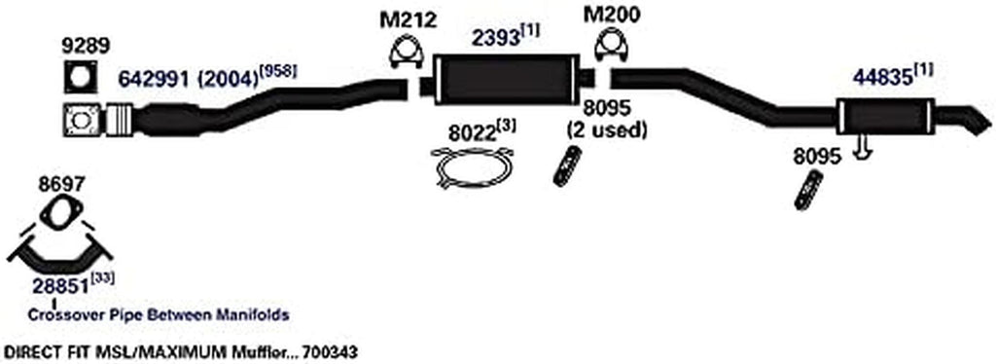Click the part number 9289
[81, 44]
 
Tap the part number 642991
[156, 75]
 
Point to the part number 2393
[494, 37]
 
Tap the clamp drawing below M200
[610, 50]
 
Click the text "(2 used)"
[609, 128]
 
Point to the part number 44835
[882, 75]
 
